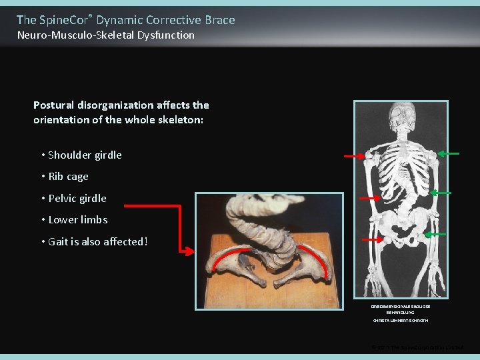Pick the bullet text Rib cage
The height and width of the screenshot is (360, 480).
tap(68, 177)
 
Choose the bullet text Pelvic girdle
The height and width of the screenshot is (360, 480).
tap(77, 199)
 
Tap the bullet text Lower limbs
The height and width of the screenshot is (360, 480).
tap(78, 220)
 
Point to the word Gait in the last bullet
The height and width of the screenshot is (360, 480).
tap(59, 241)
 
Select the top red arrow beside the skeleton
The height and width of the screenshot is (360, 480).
tap(354, 156)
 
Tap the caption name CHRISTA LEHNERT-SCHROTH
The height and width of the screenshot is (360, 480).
tap(400, 321)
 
